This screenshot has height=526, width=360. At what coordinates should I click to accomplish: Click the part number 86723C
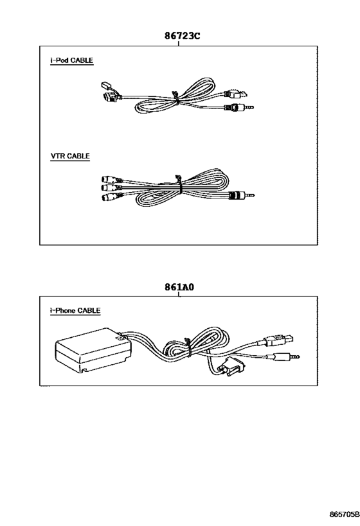tap(182, 35)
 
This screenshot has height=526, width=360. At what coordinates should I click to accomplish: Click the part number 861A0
tap(179, 287)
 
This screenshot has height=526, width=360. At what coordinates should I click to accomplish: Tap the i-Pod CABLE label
tap(71, 60)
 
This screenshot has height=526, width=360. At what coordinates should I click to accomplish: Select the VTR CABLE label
tap(70, 156)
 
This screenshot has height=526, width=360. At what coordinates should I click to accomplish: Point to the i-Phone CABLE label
tap(75, 311)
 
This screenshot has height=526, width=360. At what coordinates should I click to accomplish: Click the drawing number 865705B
tap(344, 514)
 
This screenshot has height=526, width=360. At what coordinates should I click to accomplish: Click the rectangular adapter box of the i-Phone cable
tap(93, 350)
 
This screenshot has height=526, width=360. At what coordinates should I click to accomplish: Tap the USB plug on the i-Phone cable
tap(279, 340)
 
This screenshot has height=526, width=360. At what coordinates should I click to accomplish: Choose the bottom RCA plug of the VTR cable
tap(111, 197)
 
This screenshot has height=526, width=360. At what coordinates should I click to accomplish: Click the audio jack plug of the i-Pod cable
tap(239, 108)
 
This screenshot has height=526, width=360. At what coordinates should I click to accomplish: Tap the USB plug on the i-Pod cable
tap(237, 94)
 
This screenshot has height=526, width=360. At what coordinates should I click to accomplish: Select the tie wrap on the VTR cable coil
tap(178, 184)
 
